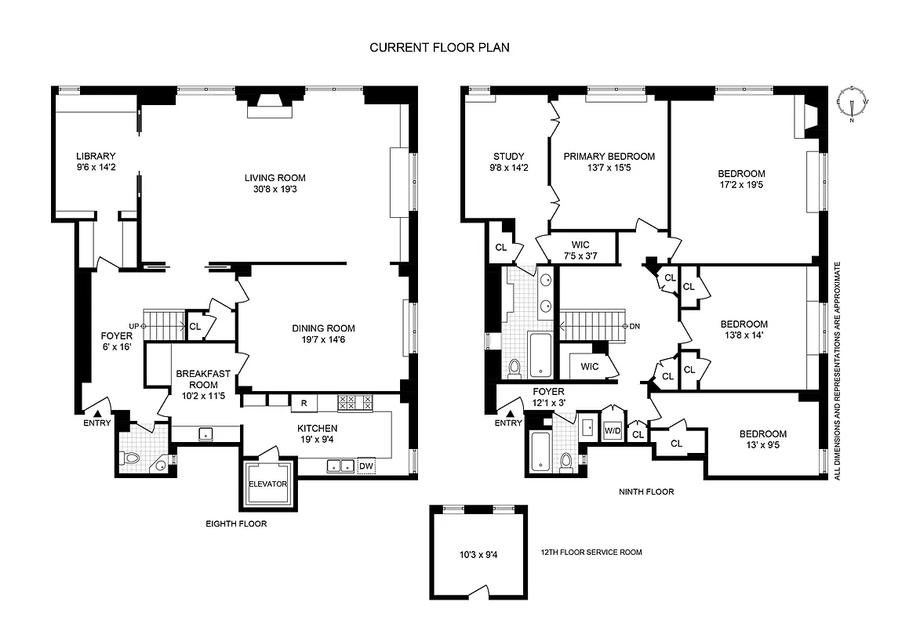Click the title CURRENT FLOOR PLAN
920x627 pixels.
point(439,48)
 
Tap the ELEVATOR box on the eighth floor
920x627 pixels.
point(268,484)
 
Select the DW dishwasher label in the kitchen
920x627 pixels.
point(365,466)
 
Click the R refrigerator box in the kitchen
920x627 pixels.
point(303,404)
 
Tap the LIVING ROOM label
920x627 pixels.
point(275,178)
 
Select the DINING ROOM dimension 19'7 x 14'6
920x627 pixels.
point(323,341)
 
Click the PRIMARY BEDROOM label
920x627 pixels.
point(609,156)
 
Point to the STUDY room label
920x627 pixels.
point(508,156)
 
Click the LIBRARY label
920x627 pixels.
point(96,155)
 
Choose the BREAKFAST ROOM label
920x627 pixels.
point(197,379)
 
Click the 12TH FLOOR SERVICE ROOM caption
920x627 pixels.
point(591,553)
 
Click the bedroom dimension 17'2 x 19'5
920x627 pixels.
point(741,186)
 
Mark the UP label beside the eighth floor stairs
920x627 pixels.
point(134,325)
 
